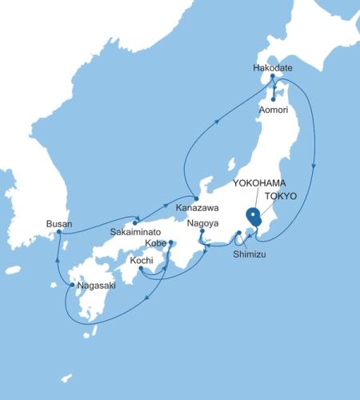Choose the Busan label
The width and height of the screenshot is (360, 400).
coord(59,223)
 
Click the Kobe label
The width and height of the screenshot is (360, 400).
coord(155,242)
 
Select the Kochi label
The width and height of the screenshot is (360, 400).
coord(142,259)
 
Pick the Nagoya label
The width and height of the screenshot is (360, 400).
coord(202,224)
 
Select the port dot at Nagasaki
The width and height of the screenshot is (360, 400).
coord(73,284)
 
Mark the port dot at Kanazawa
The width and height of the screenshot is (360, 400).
coord(195,198)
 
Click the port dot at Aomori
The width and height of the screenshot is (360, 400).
coord(274,99)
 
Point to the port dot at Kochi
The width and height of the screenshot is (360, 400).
coord(140,269)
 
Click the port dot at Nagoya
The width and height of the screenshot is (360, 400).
coord(202,232)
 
